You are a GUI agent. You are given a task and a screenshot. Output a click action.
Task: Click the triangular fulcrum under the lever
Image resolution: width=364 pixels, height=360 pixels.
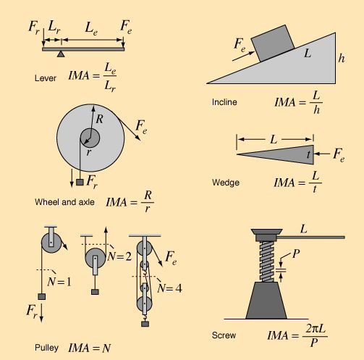click(61, 54)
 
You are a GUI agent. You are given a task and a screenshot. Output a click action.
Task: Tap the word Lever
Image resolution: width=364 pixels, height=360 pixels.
click(46, 78)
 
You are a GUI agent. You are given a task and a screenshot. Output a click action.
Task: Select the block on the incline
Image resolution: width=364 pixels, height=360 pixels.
click(273, 43)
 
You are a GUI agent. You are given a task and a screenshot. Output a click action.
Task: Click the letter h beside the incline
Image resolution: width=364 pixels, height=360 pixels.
click(342, 58)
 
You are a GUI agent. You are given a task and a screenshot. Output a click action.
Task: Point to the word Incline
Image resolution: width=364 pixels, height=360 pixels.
click(224, 102)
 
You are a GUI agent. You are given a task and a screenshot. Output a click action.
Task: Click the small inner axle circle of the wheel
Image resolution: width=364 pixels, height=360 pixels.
click(90, 138)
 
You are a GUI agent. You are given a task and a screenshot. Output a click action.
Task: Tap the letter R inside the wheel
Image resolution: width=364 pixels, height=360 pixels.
click(99, 119)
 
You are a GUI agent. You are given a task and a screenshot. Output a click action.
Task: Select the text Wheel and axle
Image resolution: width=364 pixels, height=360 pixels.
click(64, 202)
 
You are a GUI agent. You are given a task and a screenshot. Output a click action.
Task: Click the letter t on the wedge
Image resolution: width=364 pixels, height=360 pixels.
click(308, 155)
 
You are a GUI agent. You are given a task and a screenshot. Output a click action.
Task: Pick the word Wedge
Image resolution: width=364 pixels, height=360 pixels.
click(226, 183)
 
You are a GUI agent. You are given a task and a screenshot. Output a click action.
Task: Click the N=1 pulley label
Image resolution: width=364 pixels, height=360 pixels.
click(59, 282)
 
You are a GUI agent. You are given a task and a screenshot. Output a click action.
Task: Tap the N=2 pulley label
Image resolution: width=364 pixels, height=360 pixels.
click(119, 256)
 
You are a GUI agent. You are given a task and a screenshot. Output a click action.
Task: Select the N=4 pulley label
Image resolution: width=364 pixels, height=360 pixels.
click(169, 288)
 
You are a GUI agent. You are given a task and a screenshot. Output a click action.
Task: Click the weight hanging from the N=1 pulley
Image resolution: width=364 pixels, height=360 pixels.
click(42, 296)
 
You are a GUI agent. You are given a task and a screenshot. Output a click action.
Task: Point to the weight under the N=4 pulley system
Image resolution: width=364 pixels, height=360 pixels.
click(145, 324)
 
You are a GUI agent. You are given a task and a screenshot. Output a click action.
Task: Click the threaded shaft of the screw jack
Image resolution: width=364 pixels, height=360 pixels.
click(267, 261)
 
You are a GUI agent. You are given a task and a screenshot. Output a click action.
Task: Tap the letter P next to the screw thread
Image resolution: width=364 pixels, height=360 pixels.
click(296, 254)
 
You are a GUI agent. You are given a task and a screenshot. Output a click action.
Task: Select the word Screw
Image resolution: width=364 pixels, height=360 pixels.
click(224, 335)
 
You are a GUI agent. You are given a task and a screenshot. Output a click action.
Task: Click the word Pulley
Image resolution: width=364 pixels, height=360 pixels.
click(46, 348)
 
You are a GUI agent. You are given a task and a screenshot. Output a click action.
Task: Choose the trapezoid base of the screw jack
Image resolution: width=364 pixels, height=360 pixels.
click(266, 301)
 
